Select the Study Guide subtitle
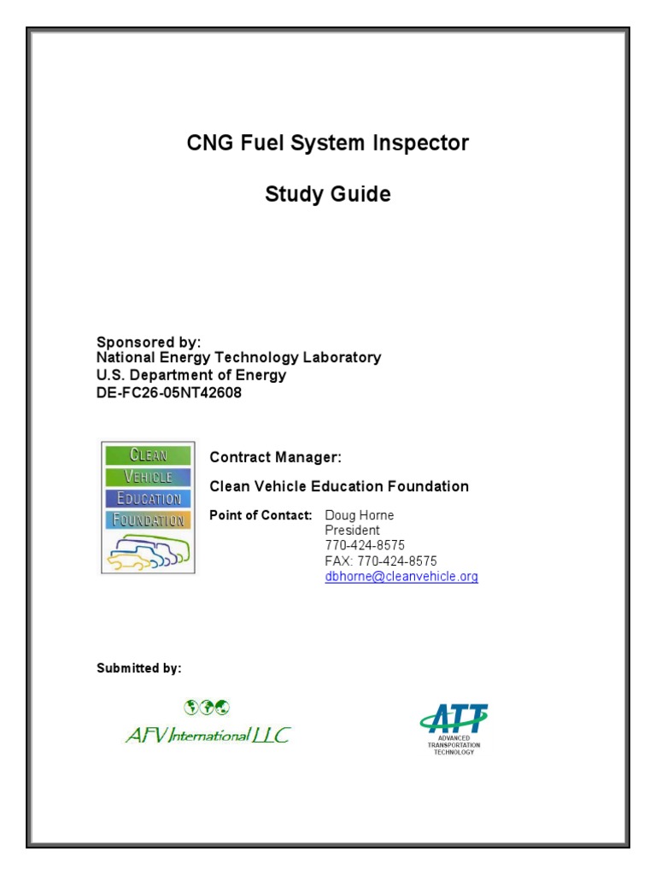[328, 194]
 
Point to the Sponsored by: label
[149, 342]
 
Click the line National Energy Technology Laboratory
[238, 357]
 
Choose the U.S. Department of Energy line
[191, 374]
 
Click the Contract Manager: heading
[276, 457]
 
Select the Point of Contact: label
[261, 514]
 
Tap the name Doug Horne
[360, 515]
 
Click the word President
[353, 530]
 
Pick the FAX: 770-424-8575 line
[381, 561]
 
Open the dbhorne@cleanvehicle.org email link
[401, 577]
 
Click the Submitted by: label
[138, 668]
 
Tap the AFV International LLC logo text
[208, 734]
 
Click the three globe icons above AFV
[207, 706]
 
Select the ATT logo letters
[454, 719]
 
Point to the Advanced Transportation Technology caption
[454, 745]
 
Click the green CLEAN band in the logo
[148, 455]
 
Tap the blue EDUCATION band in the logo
[148, 498]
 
